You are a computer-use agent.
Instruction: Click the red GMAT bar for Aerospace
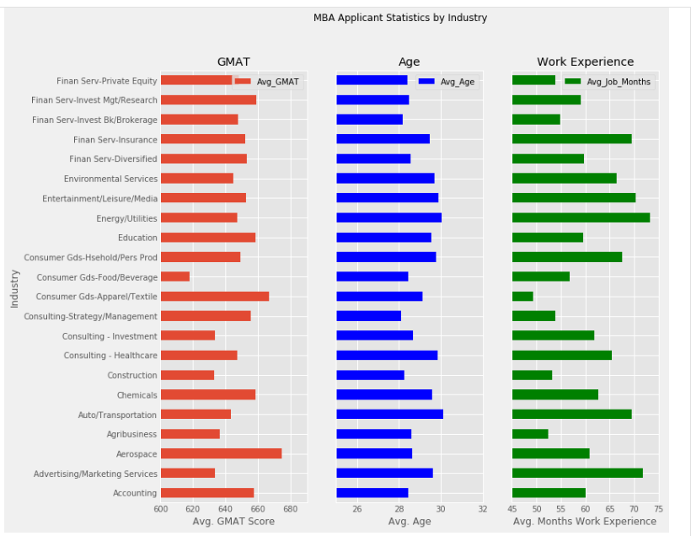coord(221,453)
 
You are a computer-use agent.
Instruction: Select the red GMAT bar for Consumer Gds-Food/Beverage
coord(175,276)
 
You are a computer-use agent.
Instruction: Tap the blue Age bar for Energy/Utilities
coord(388,217)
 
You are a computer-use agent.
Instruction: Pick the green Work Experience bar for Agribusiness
coord(530,434)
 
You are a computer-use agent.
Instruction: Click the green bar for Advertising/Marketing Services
coord(577,473)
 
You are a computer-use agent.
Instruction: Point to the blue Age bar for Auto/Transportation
coord(389,414)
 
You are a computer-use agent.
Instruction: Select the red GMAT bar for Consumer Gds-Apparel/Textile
coord(215,296)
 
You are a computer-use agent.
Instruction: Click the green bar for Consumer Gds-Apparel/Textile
coord(522,296)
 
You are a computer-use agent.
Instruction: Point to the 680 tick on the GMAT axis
coord(291,509)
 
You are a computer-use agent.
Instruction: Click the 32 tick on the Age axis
coord(482,509)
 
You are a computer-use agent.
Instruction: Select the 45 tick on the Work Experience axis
coord(512,509)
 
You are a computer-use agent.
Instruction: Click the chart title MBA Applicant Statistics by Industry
coord(400,18)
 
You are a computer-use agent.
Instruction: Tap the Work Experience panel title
coord(585,62)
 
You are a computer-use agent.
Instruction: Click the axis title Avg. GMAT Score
coord(233,522)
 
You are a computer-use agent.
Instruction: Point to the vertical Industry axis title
coord(14,288)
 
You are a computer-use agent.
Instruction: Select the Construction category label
coord(132,375)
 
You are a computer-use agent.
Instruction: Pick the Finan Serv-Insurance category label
coord(115,139)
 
